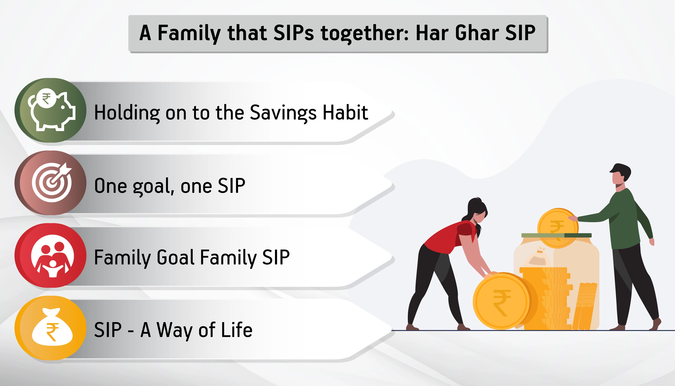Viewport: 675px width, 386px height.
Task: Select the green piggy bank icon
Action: point(50,110)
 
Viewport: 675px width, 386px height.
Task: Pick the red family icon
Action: point(50,256)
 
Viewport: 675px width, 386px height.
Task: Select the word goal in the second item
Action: point(153,187)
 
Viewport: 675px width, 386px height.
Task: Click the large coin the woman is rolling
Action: point(501,301)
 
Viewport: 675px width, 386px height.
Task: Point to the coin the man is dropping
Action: point(557,228)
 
